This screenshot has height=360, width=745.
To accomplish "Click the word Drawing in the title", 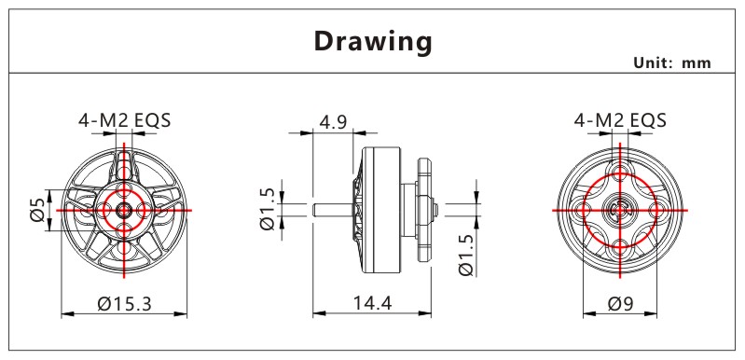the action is pyautogui.click(x=373, y=42).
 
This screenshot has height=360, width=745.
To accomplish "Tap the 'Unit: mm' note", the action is pyautogui.click(x=672, y=63).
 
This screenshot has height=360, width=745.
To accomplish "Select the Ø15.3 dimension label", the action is pyautogui.click(x=125, y=303).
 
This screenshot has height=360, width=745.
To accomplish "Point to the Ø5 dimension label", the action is pyautogui.click(x=37, y=210).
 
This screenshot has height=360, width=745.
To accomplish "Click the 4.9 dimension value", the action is pyautogui.click(x=333, y=122).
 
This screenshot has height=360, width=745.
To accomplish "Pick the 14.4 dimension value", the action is pyautogui.click(x=372, y=302).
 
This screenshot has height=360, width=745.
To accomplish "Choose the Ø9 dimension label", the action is pyautogui.click(x=620, y=303).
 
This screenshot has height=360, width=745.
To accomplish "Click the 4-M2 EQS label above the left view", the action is pyautogui.click(x=125, y=120).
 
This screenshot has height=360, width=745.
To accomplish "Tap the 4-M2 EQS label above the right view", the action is pyautogui.click(x=620, y=120).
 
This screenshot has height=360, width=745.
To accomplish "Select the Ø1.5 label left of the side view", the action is pyautogui.click(x=268, y=209).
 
